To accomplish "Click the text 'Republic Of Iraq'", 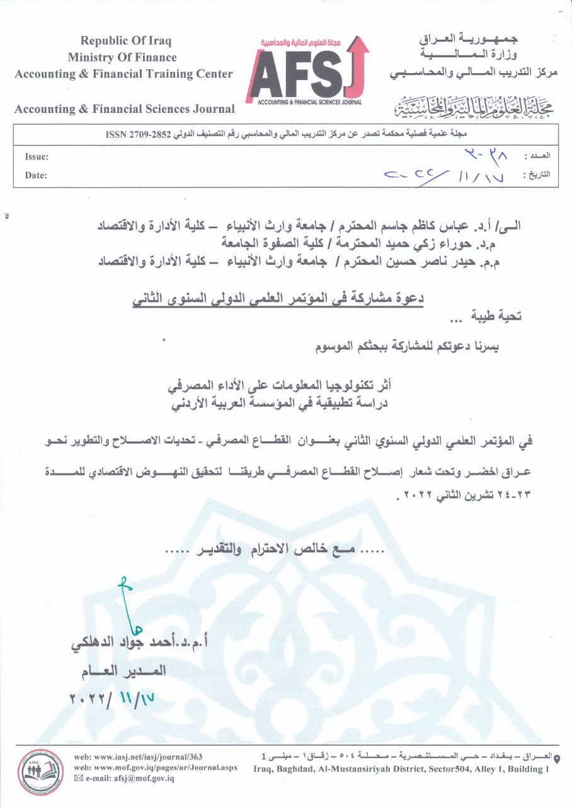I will [x=126, y=41].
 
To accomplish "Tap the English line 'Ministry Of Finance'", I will [x=123, y=57].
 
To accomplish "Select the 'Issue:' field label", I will [x=37, y=157].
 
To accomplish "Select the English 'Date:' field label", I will [x=36, y=176].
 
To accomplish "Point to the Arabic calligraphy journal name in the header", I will [x=471, y=108].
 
